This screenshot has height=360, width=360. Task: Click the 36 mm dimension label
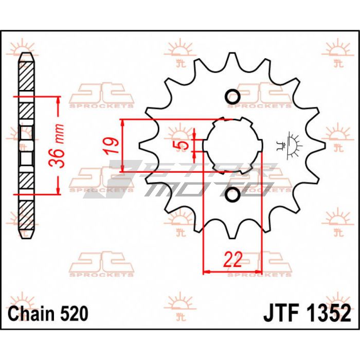pos(57,146)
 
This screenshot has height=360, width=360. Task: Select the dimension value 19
pos(111,146)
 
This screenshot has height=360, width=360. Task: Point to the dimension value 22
pos(233,259)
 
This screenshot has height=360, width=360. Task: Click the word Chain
pos(30,313)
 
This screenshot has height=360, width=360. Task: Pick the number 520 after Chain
pos(74,313)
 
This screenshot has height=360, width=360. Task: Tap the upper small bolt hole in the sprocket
pos(232,97)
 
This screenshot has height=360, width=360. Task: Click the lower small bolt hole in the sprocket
pos(232,194)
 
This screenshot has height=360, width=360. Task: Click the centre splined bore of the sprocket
pos(232,146)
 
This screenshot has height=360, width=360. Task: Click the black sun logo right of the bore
pos(289,146)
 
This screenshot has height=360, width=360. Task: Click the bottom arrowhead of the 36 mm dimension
pos(58,190)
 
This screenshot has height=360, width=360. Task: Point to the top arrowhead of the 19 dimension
pos(123,123)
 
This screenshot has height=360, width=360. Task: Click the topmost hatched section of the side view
pos(26,76)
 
